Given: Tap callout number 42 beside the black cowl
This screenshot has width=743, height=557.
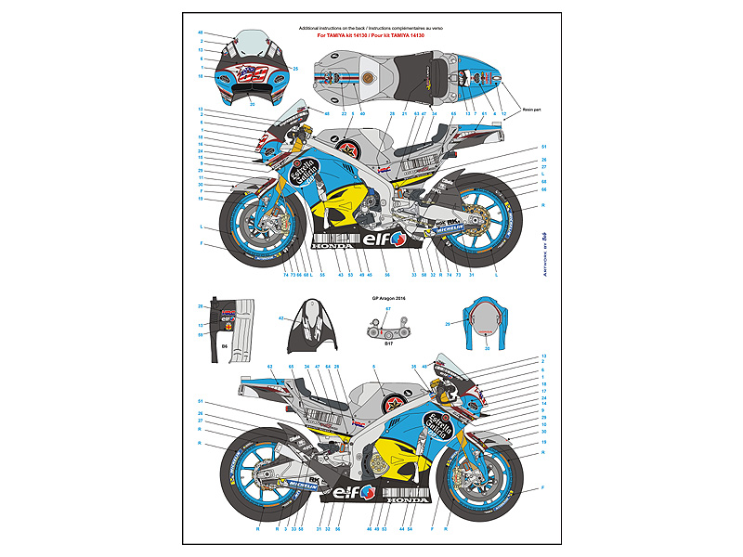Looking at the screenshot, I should pos(281,317).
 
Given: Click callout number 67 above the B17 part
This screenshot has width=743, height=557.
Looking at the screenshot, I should pos(389,308).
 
